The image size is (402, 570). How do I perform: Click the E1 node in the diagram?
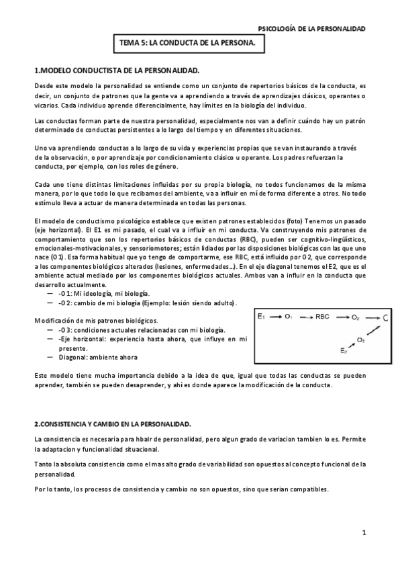(x=262, y=315)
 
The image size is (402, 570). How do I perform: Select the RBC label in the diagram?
(x=325, y=315)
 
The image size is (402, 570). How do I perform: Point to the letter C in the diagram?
(x=385, y=316)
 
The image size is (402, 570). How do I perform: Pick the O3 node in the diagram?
(x=361, y=339)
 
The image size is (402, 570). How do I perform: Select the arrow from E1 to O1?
(x=276, y=315)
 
